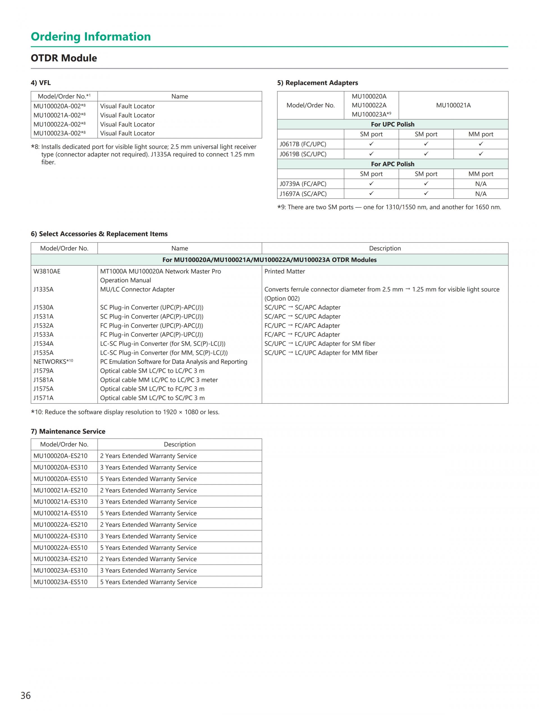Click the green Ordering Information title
[91, 36]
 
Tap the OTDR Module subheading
[64, 58]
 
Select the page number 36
[26, 695]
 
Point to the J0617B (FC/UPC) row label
[303, 144]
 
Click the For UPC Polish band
[392, 124]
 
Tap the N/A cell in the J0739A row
[480, 184]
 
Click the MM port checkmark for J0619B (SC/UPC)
[480, 154]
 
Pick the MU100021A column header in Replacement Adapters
[453, 105]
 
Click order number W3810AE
[47, 271]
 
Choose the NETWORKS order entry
[53, 362]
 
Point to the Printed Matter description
[284, 271]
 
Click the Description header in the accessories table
[385, 248]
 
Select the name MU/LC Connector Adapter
[137, 290]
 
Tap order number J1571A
[43, 398]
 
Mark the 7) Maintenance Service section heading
[68, 432]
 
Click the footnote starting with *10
[125, 412]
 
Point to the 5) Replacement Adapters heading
[318, 83]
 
